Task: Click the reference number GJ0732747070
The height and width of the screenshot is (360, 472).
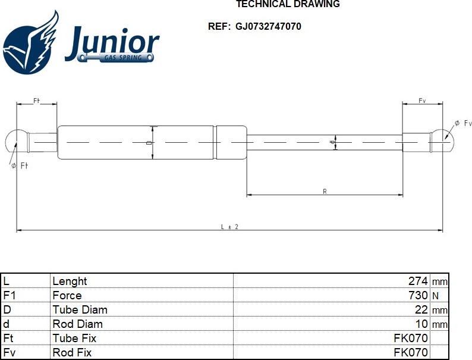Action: click(x=268, y=26)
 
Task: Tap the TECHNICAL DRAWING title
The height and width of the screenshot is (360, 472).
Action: click(x=288, y=4)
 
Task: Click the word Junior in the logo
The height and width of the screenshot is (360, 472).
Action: click(x=112, y=43)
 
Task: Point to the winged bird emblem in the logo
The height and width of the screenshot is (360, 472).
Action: click(x=31, y=43)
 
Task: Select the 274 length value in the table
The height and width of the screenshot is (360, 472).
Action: click(x=418, y=281)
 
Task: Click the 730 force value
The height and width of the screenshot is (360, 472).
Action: click(x=418, y=295)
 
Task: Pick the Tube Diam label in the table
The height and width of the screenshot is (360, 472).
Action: click(x=80, y=309)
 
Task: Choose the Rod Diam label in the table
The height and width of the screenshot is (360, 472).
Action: click(x=77, y=324)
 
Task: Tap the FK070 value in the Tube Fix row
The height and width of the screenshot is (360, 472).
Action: click(x=411, y=338)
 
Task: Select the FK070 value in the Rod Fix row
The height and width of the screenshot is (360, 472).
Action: click(x=411, y=352)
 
